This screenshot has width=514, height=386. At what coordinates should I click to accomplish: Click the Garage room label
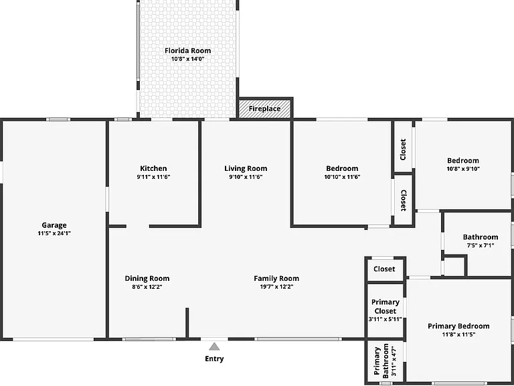(54, 225)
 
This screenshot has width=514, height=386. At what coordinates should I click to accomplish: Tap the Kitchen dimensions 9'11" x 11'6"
(153, 177)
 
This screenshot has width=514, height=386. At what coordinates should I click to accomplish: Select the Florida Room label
(187, 50)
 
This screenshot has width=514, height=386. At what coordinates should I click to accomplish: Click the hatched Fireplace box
(264, 109)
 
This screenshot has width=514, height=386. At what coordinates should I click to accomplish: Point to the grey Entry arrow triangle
(214, 346)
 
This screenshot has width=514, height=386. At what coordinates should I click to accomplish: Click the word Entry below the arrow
(214, 359)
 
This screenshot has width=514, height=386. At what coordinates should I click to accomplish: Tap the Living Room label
(246, 169)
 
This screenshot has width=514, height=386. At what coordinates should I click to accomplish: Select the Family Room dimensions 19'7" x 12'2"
(276, 287)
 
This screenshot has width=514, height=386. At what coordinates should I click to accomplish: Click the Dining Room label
(147, 278)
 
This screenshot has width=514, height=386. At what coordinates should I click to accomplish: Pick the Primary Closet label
(385, 306)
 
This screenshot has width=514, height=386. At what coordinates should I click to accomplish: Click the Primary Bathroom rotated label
(381, 361)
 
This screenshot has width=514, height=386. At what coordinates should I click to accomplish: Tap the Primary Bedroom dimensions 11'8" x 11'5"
(458, 334)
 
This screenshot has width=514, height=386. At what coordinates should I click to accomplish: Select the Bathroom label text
(481, 237)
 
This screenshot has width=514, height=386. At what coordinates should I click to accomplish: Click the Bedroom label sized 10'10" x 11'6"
(342, 169)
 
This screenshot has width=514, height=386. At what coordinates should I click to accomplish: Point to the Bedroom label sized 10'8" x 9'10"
(463, 161)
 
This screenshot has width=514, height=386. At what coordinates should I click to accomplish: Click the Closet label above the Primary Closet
(385, 269)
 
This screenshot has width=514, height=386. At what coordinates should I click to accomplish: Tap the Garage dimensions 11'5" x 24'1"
(54, 233)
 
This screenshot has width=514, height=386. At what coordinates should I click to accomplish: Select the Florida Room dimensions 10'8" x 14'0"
(188, 59)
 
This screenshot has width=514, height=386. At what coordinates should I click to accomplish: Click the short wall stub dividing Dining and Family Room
(187, 323)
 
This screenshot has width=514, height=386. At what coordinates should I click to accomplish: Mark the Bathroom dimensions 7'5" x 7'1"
(481, 245)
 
